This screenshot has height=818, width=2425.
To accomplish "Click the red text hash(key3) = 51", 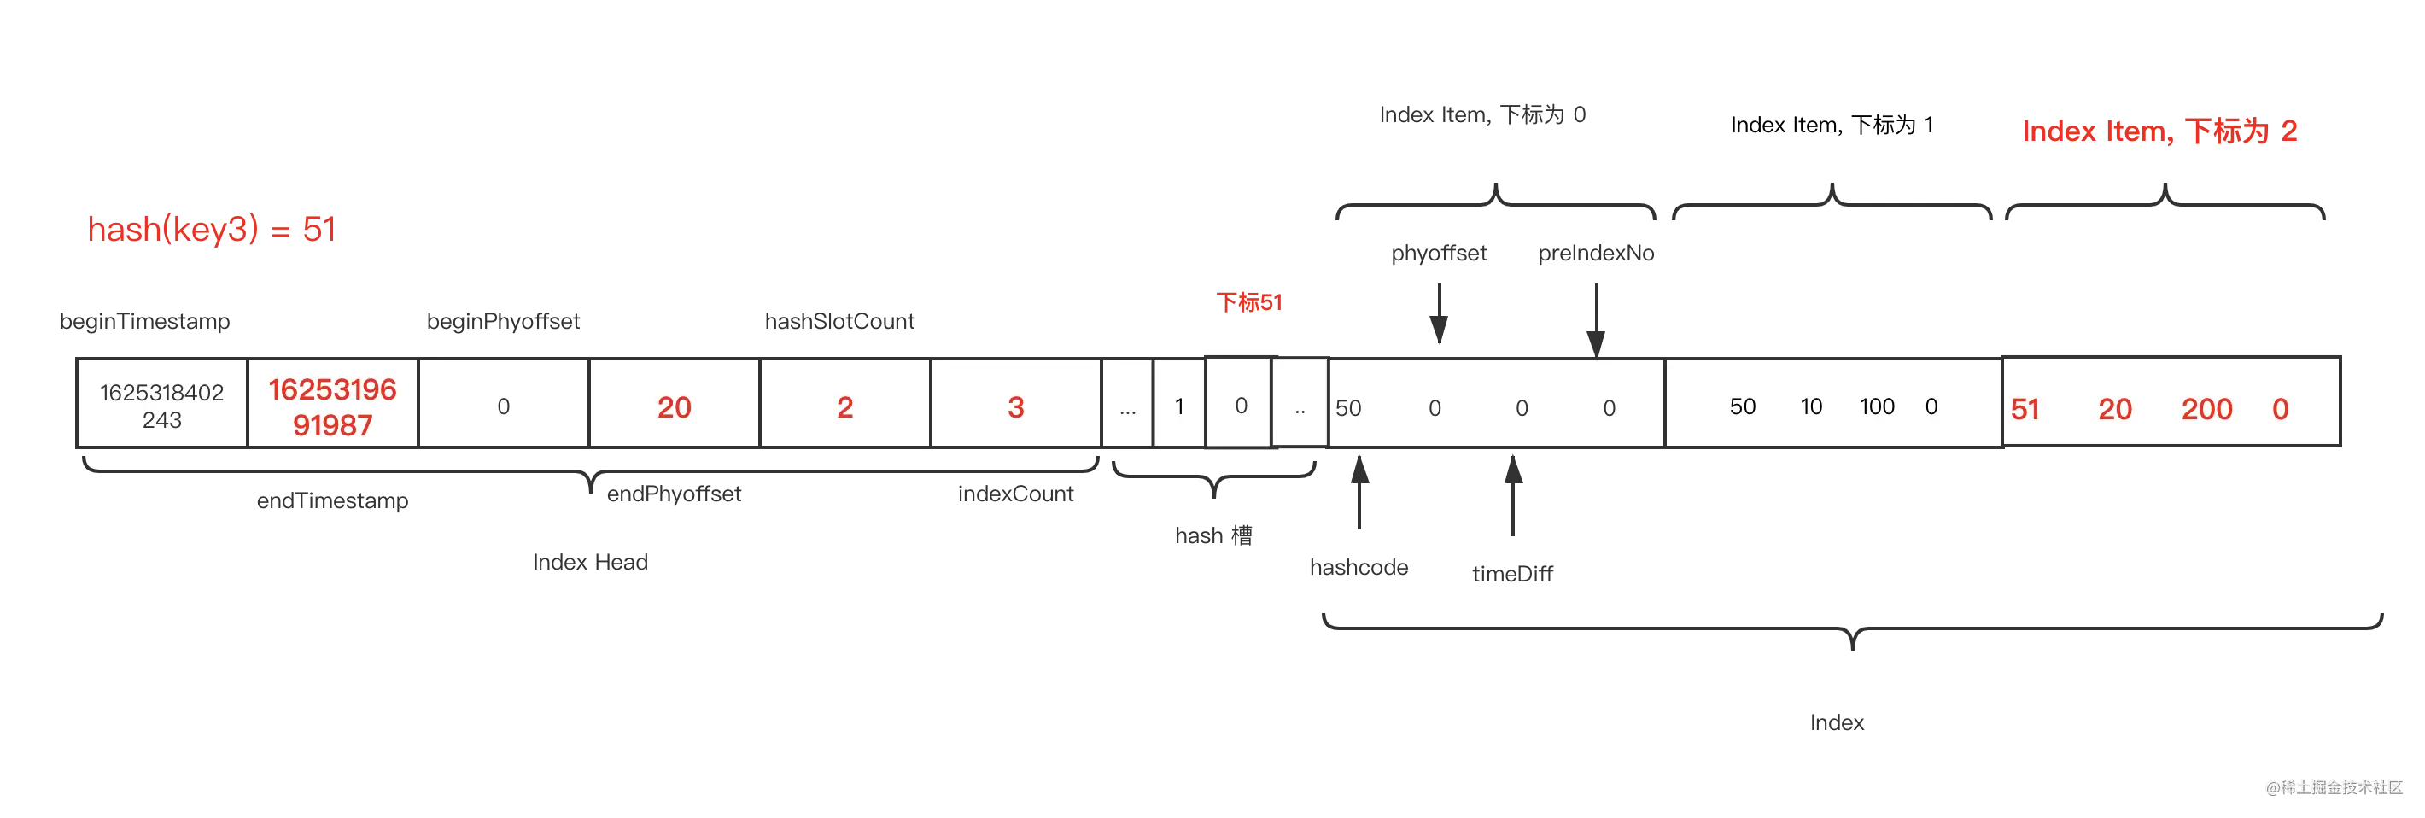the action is coord(212,229).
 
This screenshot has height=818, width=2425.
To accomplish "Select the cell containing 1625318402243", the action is coord(162,404).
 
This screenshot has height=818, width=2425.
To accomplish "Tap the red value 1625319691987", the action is coord(332,406).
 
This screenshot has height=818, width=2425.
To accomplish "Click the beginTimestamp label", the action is coord(145,321).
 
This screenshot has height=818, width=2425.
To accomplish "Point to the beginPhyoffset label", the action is coord(504,321).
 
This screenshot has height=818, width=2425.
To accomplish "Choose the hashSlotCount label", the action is coord(839,321).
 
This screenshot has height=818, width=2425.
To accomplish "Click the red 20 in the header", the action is coord(674,406).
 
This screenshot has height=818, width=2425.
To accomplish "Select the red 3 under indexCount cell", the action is coord(1016,406).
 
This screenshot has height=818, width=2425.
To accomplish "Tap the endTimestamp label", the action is coord(332,500).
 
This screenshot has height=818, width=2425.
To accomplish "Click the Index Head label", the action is coord(590,562).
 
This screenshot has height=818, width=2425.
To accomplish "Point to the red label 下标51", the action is coord(1249,302).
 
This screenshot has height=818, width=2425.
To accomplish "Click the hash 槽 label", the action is coord(1213,535).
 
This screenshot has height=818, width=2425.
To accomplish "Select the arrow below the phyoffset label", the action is coord(1440,313).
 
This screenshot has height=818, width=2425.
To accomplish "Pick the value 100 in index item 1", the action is coord(1876,406).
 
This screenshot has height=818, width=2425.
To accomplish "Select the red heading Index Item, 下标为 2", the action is coord(2159,131).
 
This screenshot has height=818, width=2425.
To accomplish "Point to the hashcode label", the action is coord(1359,568).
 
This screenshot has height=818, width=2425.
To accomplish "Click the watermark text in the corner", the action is coord(2334,788).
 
